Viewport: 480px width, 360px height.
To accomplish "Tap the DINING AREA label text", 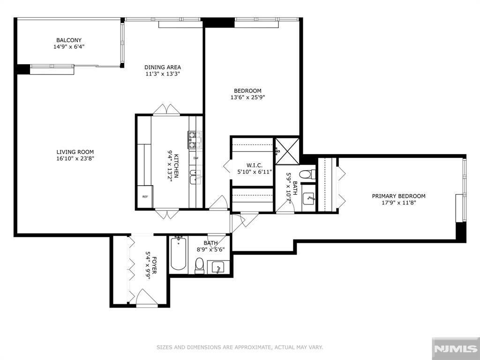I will coord(162,67).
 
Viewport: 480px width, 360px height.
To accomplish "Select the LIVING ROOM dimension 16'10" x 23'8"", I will coord(75,158).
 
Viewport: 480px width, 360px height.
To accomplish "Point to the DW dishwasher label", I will coord(195,158).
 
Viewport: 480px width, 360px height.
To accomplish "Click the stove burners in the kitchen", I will coord(195,140).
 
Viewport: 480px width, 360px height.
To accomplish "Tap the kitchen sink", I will coord(195,177).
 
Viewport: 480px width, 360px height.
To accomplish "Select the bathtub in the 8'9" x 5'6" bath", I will coord(178,255).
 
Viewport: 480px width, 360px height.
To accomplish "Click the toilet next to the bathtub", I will coord(200,265).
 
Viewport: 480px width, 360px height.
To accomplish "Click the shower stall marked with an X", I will coord(286,150).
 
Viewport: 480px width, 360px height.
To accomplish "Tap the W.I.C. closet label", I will coord(248,166).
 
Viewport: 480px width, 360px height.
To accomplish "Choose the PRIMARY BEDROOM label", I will coord(398,196).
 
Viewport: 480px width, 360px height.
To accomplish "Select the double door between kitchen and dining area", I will coord(166,110).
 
